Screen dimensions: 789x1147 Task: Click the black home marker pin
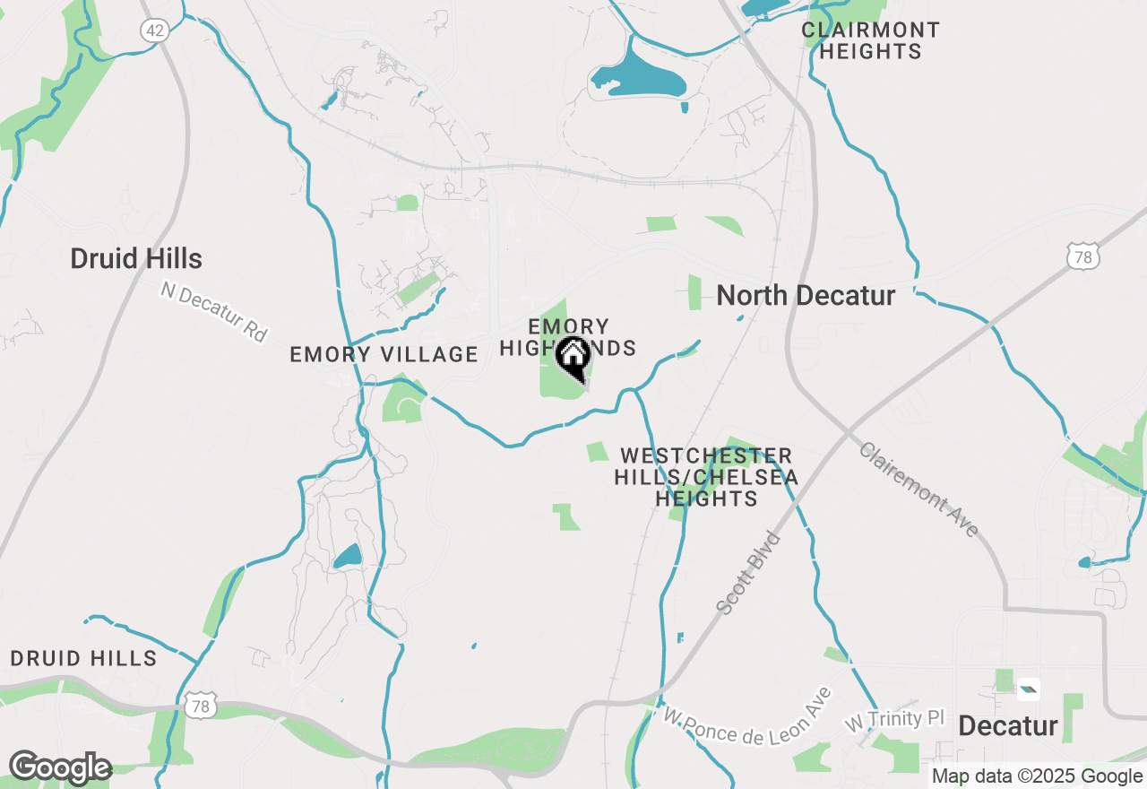pyautogui.click(x=573, y=358)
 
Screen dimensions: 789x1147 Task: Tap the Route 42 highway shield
pyautogui.click(x=154, y=30)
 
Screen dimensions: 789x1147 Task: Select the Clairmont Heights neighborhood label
pyautogui.click(x=870, y=41)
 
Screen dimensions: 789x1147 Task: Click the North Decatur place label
pyautogui.click(x=806, y=296)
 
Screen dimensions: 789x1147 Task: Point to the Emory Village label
pyautogui.click(x=384, y=355)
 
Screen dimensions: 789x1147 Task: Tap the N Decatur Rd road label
pyautogui.click(x=214, y=311)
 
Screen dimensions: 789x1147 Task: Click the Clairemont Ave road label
pyautogui.click(x=918, y=490)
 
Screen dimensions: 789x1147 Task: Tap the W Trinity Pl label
pyautogui.click(x=896, y=719)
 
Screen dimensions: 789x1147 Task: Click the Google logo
pyautogui.click(x=59, y=767)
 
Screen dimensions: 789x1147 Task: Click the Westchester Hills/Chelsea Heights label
pyautogui.click(x=706, y=477)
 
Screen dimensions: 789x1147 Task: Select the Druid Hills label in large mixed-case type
pyautogui.click(x=136, y=260)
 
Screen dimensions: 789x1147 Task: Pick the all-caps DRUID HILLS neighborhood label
pyautogui.click(x=84, y=659)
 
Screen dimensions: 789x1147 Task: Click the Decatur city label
pyautogui.click(x=1008, y=726)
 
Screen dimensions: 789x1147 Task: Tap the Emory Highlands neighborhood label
pyautogui.click(x=568, y=337)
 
